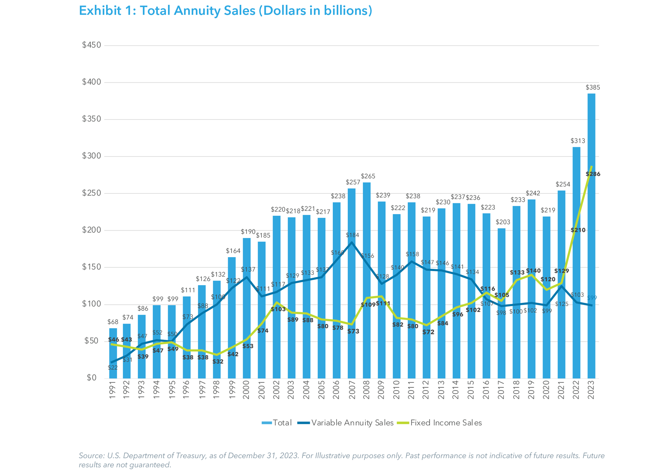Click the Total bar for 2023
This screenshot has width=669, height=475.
coord(591,244)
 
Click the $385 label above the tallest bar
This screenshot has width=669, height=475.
coord(593,87)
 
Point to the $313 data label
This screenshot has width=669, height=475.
coord(578,141)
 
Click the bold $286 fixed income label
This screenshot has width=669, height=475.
coord(593,174)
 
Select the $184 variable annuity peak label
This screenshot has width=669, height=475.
coord(352,235)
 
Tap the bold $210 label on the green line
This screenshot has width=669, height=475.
coord(578,230)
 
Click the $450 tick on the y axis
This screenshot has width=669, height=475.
coord(91,45)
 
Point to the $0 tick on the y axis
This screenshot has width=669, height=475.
coord(91,378)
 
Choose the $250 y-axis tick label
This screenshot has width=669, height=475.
coord(91,193)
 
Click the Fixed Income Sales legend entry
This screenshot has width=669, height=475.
coord(446,423)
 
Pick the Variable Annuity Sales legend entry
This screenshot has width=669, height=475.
coord(352,423)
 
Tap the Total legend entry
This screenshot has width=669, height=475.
coord(282,423)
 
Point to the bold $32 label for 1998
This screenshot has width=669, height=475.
coord(218,362)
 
